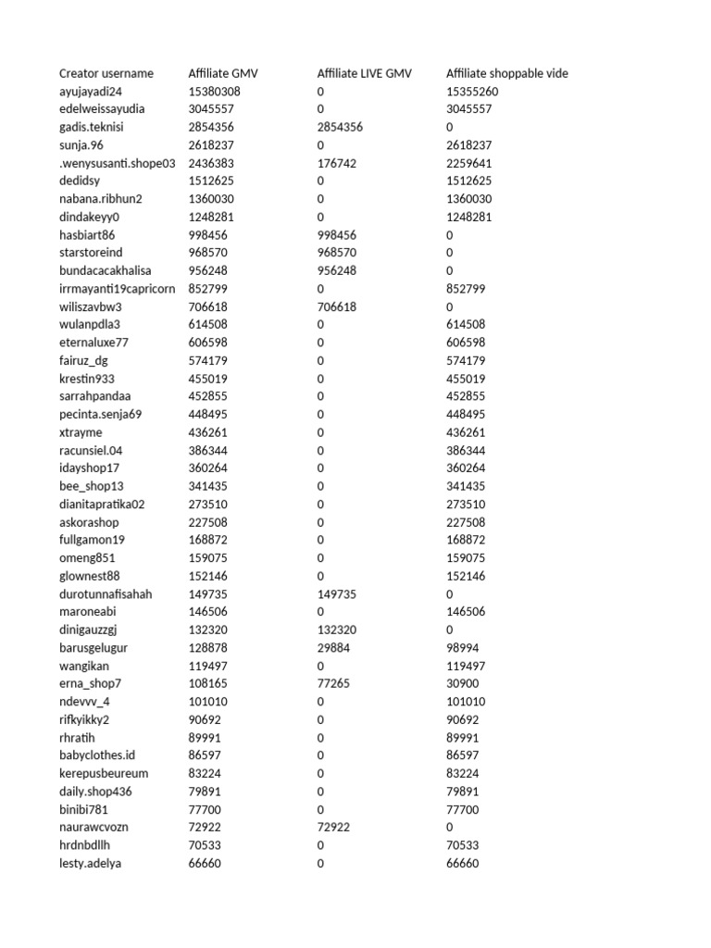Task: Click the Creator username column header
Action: point(106,73)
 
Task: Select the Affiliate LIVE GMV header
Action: point(364,73)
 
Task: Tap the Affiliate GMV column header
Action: point(223,73)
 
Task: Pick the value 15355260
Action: point(472,92)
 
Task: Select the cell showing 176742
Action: point(336,163)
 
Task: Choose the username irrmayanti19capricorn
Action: point(117,289)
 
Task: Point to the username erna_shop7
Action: point(91,683)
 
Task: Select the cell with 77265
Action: point(333,683)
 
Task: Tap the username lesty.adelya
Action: point(90,863)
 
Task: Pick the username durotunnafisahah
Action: point(106,593)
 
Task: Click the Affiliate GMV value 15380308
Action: point(214,92)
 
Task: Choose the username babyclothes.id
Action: point(97,755)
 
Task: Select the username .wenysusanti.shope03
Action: point(117,163)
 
